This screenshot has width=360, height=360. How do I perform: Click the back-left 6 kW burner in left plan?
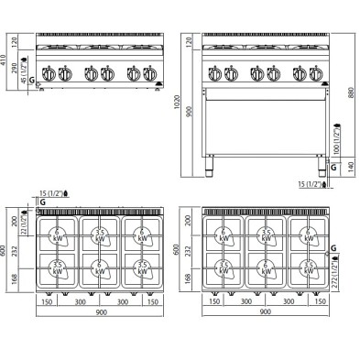point(58,235)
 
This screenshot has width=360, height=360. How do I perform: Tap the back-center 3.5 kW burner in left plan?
point(99,235)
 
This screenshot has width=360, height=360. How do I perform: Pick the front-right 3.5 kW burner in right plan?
point(309,267)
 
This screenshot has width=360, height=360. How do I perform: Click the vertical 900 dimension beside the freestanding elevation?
point(189,111)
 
